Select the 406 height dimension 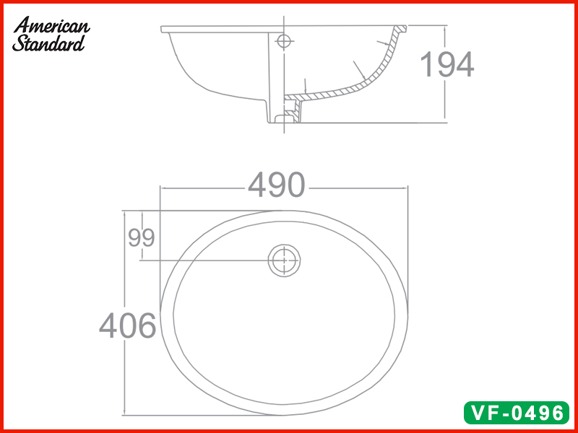[x=128, y=326]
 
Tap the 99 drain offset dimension [x=142, y=237]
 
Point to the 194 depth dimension [x=447, y=65]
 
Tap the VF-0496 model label [x=517, y=413]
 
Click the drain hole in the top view [x=285, y=260]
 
